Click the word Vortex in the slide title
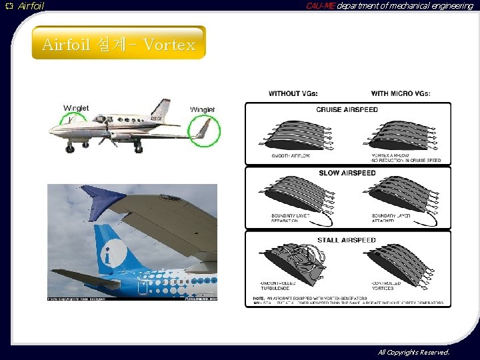click(x=169, y=45)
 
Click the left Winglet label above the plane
click(x=76, y=108)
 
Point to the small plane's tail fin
click(x=161, y=109)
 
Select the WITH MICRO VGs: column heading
click(x=400, y=93)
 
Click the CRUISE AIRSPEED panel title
click(x=347, y=109)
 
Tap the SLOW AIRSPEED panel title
click(x=347, y=173)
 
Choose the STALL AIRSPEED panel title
click(x=347, y=240)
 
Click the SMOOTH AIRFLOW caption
click(x=291, y=155)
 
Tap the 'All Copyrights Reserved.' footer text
click(x=413, y=352)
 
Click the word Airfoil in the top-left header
click(x=31, y=6)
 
